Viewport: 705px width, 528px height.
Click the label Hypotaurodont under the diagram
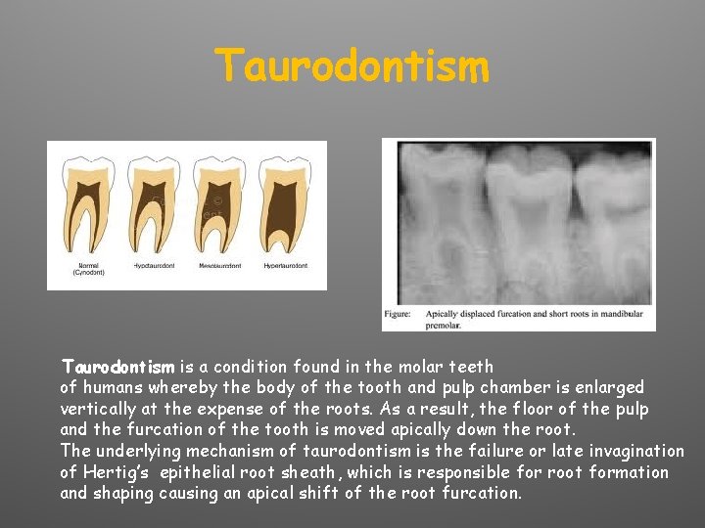[x=155, y=266]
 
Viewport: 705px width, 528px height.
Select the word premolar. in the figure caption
[x=446, y=325]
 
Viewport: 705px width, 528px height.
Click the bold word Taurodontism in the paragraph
[x=117, y=368]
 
